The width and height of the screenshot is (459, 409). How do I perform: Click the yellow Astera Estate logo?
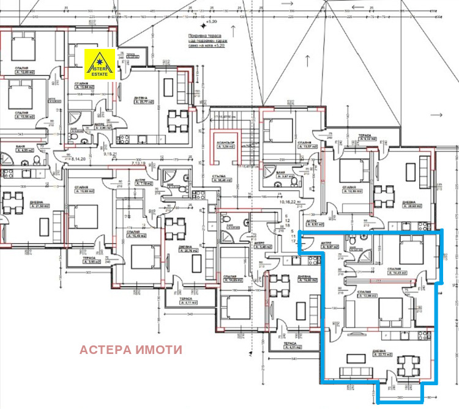[100, 64]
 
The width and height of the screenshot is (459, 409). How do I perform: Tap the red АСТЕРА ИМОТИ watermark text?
[131, 350]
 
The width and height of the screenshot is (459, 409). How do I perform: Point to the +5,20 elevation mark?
[212, 21]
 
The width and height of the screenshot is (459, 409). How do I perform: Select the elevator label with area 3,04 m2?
[226, 147]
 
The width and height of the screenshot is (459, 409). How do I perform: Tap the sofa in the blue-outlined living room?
[351, 372]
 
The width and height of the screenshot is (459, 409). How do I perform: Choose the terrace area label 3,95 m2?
[89, 262]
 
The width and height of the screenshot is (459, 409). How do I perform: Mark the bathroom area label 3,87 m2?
[281, 176]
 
